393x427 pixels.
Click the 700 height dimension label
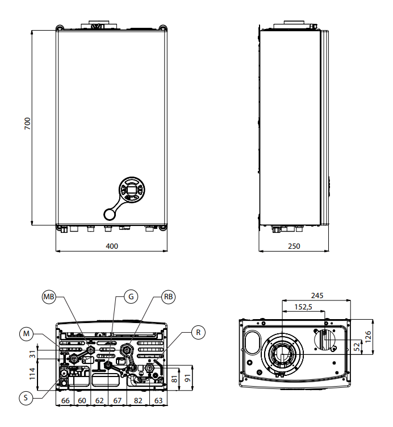pos(27,123)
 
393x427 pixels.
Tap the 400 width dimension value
pos(112,246)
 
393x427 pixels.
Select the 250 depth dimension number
pos(294,246)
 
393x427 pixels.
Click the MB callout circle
pos(49,296)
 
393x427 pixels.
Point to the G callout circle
pos(131,296)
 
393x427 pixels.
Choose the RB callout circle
pos(168,296)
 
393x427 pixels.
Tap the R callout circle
pos(198,332)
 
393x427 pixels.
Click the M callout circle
pos(26,334)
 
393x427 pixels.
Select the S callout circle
pos(26,398)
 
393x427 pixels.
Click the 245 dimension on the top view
pos(317,295)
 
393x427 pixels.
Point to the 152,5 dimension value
pos(303,307)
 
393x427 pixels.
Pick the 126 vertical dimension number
pos(368,337)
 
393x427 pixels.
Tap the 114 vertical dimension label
pos(32,374)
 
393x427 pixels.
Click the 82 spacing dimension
pos(138,400)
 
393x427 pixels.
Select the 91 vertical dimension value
pos(187,378)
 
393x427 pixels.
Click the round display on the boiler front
pos(132,190)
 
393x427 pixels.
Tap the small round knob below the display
pos(110,214)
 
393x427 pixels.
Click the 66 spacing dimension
pos(65,400)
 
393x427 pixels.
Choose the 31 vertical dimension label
pos(32,354)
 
